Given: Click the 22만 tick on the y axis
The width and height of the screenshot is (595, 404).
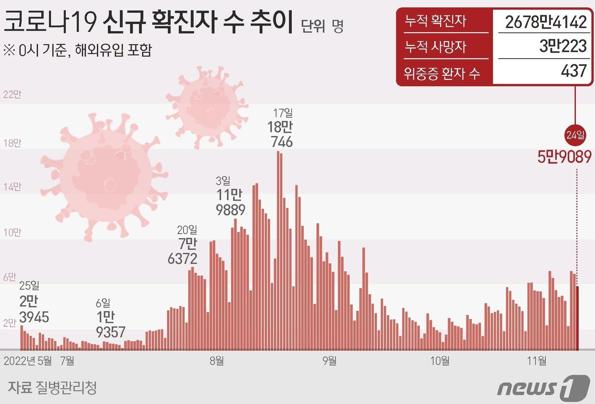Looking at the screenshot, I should pyautogui.click(x=12, y=94).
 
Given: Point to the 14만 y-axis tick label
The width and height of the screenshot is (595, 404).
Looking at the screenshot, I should pyautogui.click(x=12, y=187).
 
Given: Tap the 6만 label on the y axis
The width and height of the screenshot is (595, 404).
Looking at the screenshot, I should pyautogui.click(x=10, y=277).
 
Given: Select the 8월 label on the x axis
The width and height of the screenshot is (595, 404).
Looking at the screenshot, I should pyautogui.click(x=217, y=361).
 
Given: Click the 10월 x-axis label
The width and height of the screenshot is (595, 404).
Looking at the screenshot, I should pyautogui.click(x=440, y=361).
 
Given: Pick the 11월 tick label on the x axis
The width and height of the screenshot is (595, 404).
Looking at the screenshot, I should pyautogui.click(x=537, y=361).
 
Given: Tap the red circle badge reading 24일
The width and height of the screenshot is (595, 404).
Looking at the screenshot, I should pyautogui.click(x=575, y=135).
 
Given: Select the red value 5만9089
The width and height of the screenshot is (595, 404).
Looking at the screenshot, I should pyautogui.click(x=564, y=157).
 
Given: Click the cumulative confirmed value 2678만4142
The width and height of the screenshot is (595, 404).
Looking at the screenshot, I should pyautogui.click(x=546, y=22).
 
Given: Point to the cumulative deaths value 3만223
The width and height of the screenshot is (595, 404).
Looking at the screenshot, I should pyautogui.click(x=563, y=46).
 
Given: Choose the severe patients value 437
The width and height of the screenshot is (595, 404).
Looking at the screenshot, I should pyautogui.click(x=574, y=71).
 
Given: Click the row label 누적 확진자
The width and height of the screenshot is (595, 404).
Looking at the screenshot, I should pyautogui.click(x=435, y=21).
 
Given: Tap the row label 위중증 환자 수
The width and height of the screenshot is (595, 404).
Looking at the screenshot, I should pyautogui.click(x=442, y=73).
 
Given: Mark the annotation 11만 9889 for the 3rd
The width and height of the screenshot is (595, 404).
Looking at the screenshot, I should pyautogui.click(x=230, y=202).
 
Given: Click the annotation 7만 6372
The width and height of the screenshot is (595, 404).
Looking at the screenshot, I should pyautogui.click(x=183, y=251).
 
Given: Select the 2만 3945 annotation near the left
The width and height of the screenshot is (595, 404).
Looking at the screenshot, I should pyautogui.click(x=34, y=309).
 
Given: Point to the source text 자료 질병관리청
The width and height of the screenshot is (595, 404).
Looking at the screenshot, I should pyautogui.click(x=52, y=387).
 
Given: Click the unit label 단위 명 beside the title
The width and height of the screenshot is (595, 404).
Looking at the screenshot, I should pyautogui.click(x=322, y=26).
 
